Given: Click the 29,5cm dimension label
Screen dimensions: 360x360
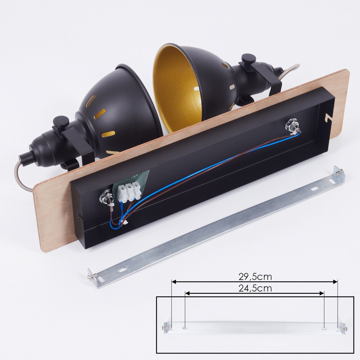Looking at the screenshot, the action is pyautogui.click(x=255, y=276).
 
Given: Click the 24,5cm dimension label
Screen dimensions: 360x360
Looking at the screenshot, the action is pyautogui.click(x=255, y=288).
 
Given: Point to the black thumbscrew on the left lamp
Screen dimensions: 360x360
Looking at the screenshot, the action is pyautogui.click(x=61, y=122).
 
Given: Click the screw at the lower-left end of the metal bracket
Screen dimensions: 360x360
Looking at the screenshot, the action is pyautogui.click(x=90, y=277).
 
